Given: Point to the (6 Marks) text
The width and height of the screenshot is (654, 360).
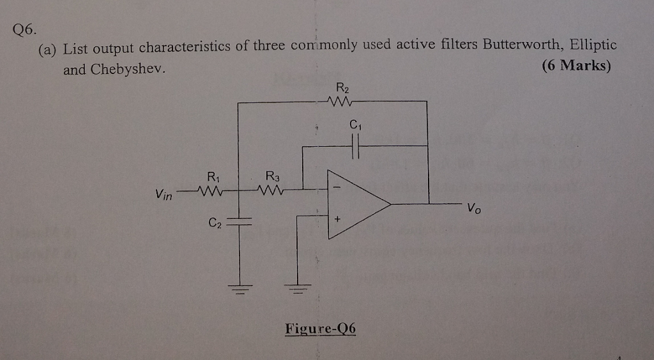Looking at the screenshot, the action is (x=575, y=66).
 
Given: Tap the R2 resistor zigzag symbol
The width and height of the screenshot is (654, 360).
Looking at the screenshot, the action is (x=338, y=101).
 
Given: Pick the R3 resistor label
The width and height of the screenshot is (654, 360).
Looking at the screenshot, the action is (x=271, y=176).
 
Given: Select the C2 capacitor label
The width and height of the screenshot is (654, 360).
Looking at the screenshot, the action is (x=214, y=223).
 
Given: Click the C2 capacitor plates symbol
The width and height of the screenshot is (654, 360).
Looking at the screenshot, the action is (x=240, y=221).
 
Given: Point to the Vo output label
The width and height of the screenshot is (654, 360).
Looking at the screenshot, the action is (x=473, y=208).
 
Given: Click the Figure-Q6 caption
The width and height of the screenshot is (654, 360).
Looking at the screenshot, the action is (x=320, y=329).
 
